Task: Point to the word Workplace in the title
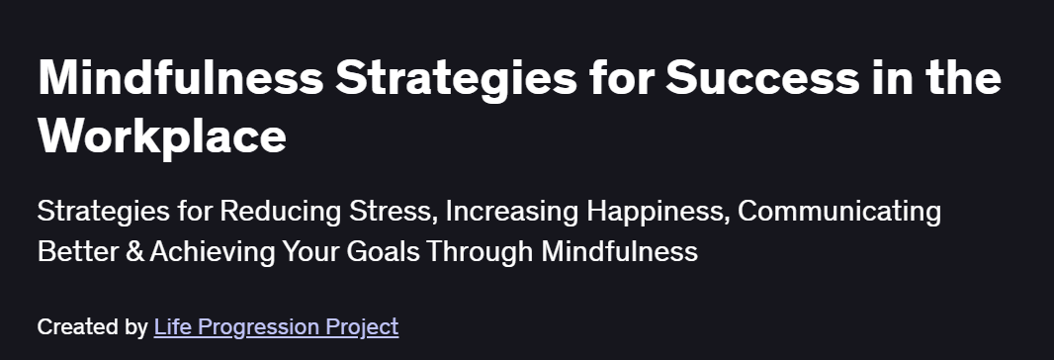(x=162, y=135)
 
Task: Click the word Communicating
(x=840, y=212)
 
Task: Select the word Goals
(x=372, y=251)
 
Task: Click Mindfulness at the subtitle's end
(x=619, y=251)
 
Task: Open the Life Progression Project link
(x=276, y=326)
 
